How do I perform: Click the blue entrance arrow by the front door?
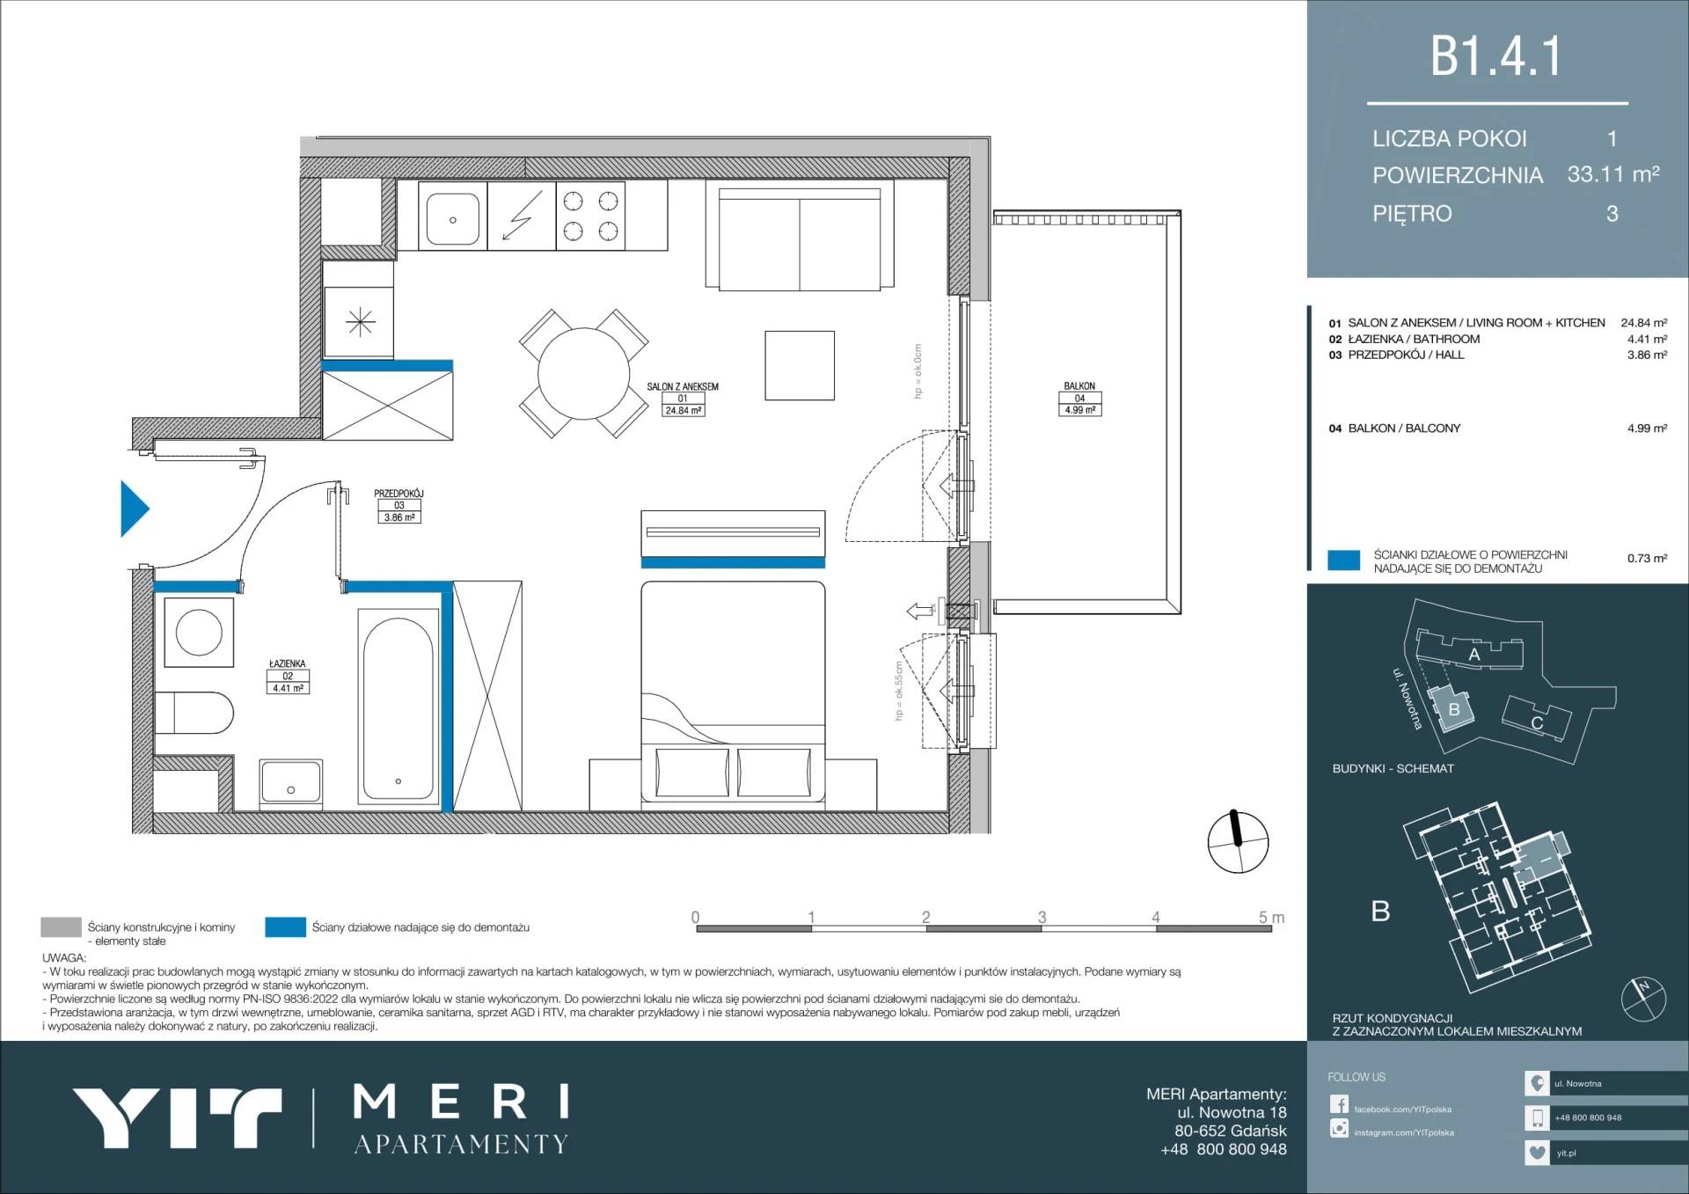[134, 508]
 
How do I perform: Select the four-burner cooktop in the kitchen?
[590, 216]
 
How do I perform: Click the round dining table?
[584, 374]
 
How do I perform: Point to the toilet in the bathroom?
[194, 713]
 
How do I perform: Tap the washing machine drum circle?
[199, 632]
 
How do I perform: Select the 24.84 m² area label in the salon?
[684, 411]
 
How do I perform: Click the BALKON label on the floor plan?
[1079, 386]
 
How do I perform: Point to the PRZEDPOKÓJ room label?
[398, 494]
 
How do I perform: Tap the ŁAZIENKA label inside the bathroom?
[288, 664]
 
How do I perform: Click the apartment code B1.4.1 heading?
[1495, 56]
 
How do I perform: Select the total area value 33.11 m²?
[1613, 174]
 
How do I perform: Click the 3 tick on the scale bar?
[1042, 918]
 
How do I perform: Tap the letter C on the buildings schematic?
[1537, 723]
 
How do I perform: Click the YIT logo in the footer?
[177, 1117]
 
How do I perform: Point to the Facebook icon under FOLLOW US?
[1339, 1104]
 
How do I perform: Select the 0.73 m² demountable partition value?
[1647, 558]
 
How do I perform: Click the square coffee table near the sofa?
[800, 365]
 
